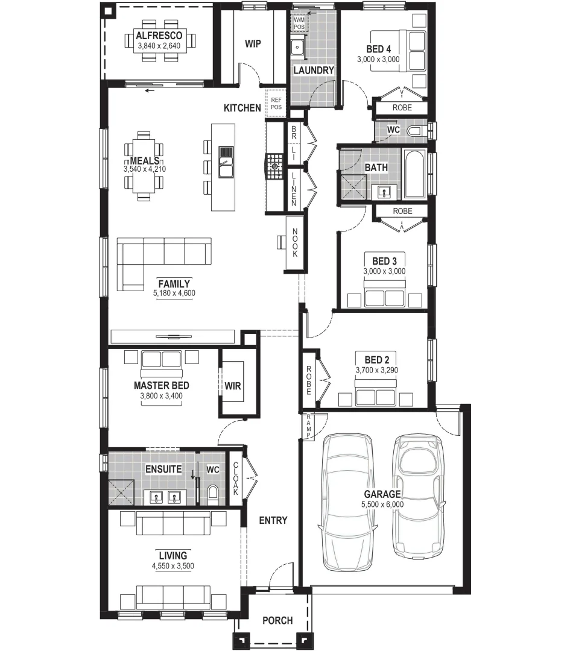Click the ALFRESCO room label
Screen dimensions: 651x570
coord(159,36)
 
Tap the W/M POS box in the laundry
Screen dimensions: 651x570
coord(299,24)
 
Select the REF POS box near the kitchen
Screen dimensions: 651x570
coord(276,103)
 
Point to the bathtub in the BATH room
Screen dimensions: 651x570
coord(414,175)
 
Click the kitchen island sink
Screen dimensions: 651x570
coord(226,163)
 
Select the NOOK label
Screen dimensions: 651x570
coord(295,243)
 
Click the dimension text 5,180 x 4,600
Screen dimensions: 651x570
coord(174,294)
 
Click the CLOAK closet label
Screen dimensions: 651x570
coord(235,479)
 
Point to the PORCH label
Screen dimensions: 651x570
coord(277,620)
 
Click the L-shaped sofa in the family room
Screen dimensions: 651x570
coord(163,256)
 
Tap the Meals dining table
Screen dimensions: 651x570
coord(144,165)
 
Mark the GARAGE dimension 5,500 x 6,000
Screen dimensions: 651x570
coord(382,504)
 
